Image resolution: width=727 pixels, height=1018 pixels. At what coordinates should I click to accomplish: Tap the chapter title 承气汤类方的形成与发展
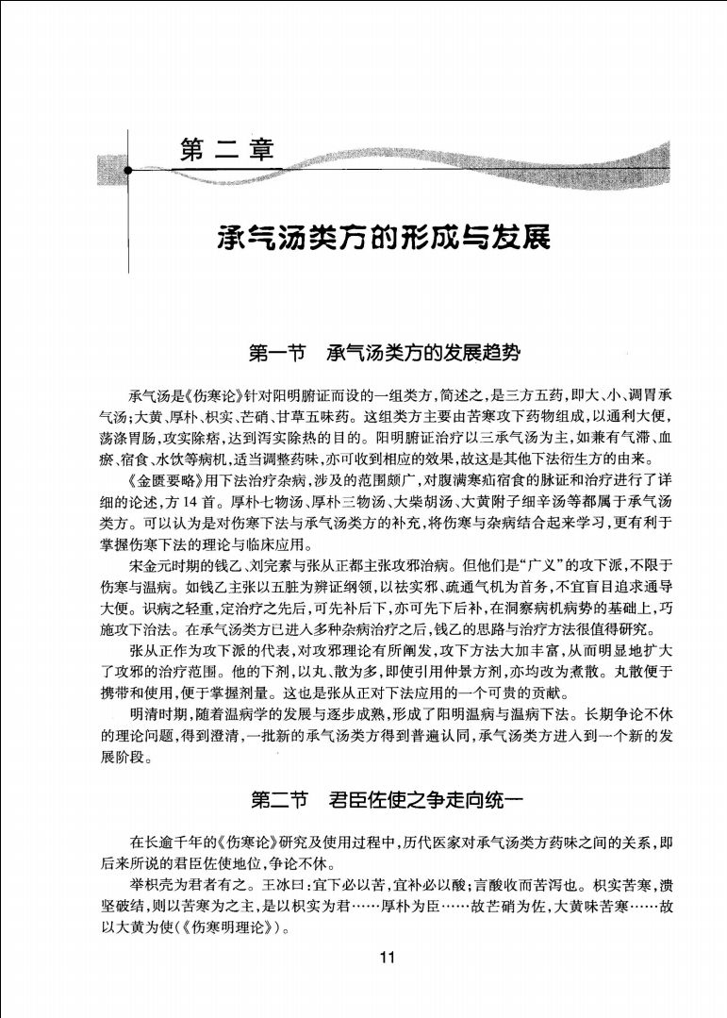click(384, 237)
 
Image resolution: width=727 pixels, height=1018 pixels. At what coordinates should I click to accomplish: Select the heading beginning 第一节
click(384, 355)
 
